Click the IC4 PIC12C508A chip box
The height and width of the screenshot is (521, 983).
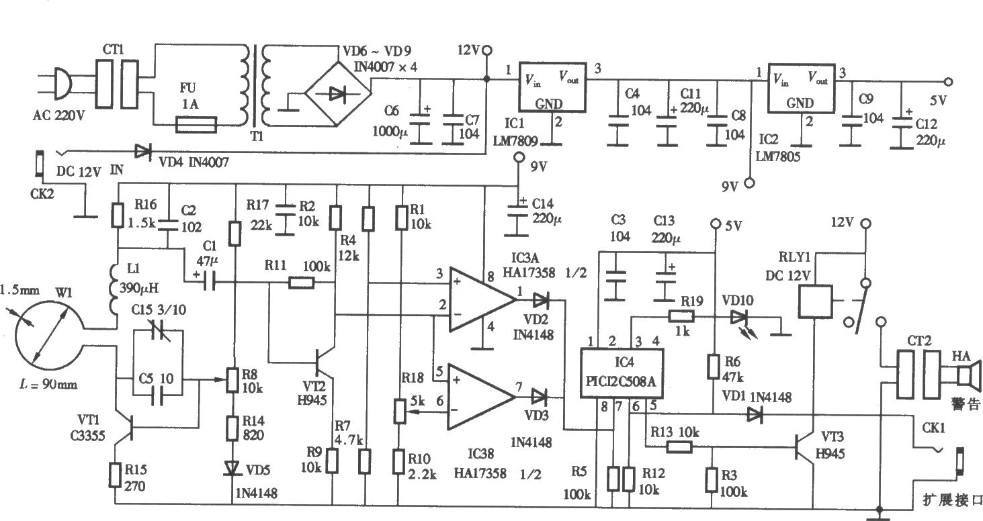(x=622, y=373)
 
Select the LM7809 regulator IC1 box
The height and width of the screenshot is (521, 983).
(x=552, y=87)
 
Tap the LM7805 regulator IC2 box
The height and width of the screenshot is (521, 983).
(x=801, y=88)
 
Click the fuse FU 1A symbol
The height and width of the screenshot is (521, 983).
(x=196, y=125)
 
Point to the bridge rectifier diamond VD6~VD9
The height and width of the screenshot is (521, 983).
(x=338, y=93)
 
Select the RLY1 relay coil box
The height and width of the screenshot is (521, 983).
(x=816, y=301)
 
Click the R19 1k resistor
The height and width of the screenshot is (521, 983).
(x=681, y=316)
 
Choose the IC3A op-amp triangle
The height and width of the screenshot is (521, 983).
(x=482, y=299)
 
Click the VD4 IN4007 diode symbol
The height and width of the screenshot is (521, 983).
(x=142, y=152)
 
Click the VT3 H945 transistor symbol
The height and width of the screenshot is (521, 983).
(x=804, y=447)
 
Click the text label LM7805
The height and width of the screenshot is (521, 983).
(x=777, y=156)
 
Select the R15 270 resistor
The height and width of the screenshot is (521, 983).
(x=115, y=475)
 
